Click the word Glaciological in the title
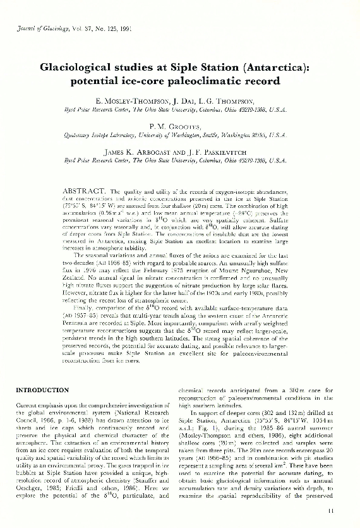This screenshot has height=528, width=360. click(81, 65)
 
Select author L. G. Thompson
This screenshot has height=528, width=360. click(229, 101)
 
